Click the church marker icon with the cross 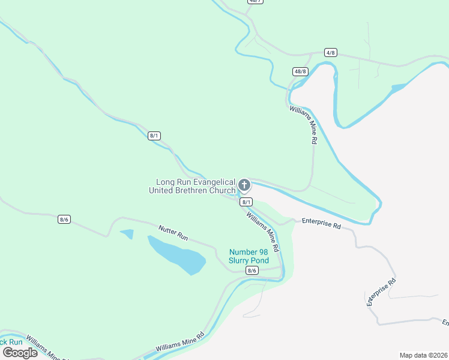pyautogui.click(x=244, y=185)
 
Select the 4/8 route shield pyautogui.click(x=330, y=53)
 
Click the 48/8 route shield pyautogui.click(x=300, y=71)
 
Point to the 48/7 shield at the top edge pyautogui.click(x=255, y=2)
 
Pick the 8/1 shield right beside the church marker pyautogui.click(x=246, y=202)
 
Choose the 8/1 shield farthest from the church pyautogui.click(x=154, y=136)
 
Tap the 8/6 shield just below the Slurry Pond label pyautogui.click(x=252, y=271)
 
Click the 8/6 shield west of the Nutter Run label pyautogui.click(x=64, y=219)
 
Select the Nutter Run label pyautogui.click(x=173, y=233)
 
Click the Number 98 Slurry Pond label pyautogui.click(x=249, y=256)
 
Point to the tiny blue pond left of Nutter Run pyautogui.click(x=127, y=233)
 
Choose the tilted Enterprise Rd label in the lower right pyautogui.click(x=381, y=293)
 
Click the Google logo pyautogui.click(x=20, y=352)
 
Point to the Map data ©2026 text pyautogui.click(x=423, y=355)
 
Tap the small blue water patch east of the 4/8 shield pyautogui.click(x=398, y=88)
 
